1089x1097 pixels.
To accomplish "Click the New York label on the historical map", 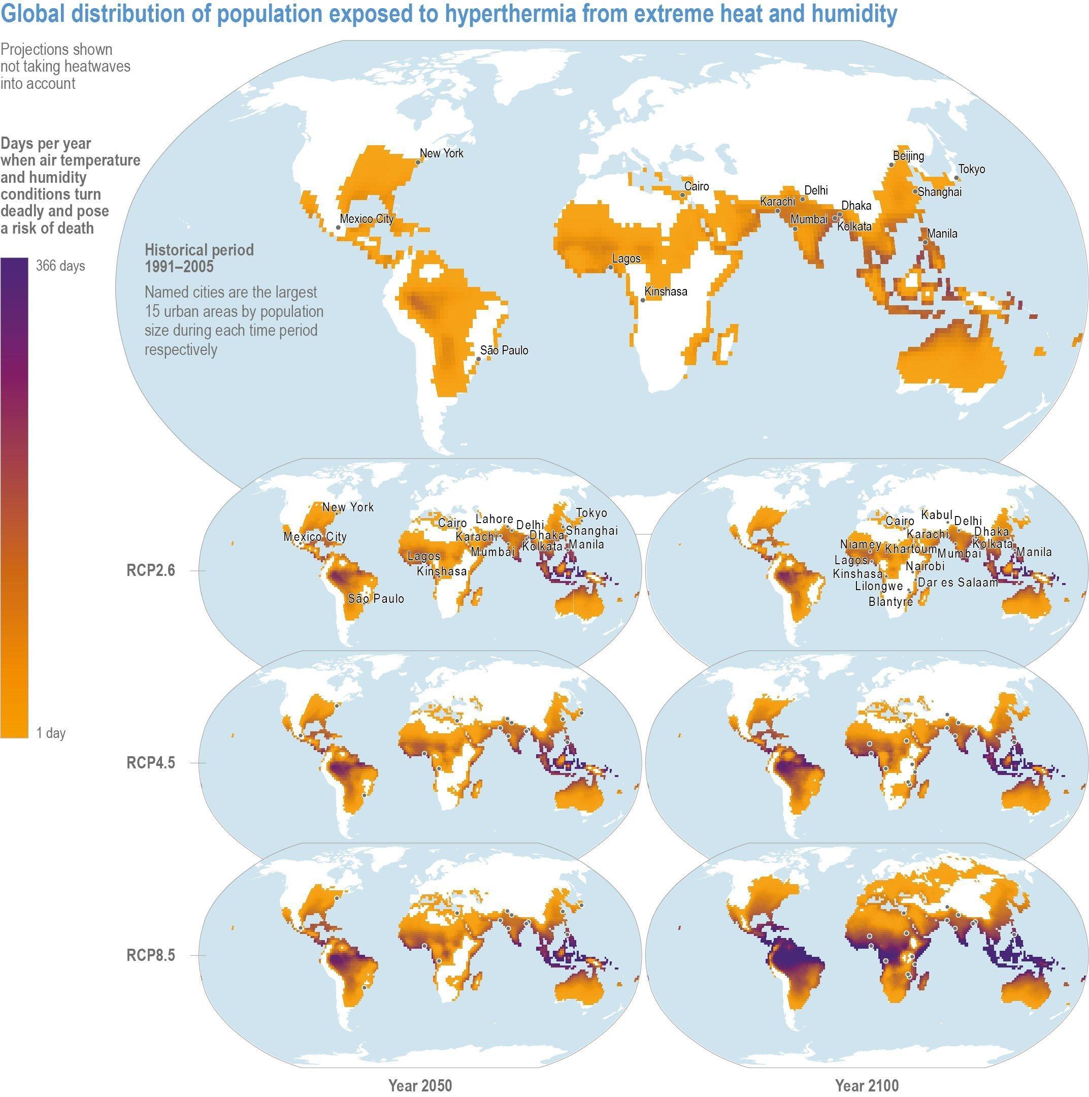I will [441, 153].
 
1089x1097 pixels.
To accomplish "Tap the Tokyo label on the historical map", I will [972, 169].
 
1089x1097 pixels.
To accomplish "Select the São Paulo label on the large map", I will [504, 350].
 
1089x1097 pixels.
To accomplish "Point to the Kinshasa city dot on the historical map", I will [642, 300].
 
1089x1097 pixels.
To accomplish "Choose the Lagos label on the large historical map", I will [626, 259].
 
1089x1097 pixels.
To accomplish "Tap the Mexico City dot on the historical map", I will [338, 228].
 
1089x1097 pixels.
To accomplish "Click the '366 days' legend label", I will [60, 266].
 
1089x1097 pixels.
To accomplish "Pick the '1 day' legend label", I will [51, 733].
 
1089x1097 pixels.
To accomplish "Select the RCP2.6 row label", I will [150, 571].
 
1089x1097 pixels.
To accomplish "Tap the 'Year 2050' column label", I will [420, 1086].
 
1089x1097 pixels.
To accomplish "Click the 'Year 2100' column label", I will [867, 1086].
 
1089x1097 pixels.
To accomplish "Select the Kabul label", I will [936, 515].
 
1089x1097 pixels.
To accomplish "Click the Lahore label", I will [493, 519].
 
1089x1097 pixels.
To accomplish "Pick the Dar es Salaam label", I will [958, 583].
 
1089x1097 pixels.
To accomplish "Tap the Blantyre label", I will [890, 602].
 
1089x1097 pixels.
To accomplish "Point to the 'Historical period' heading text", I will [199, 250].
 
